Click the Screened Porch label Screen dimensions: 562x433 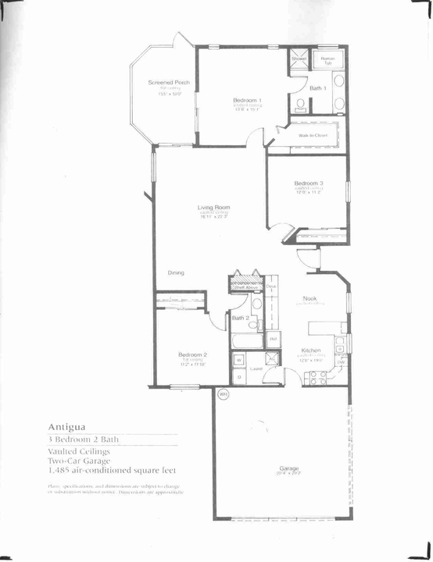(169, 82)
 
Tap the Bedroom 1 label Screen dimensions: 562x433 (247, 100)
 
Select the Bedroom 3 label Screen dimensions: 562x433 (310, 183)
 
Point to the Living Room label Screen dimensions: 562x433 (213, 207)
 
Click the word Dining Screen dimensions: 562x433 (176, 272)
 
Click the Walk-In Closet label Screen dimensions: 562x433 (313, 134)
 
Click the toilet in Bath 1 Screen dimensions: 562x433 (301, 104)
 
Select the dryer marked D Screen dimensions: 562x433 (239, 376)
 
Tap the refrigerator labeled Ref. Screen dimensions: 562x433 (274, 339)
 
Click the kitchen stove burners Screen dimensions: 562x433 (317, 378)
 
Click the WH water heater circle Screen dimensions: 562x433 (222, 393)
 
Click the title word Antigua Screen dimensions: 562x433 (66, 427)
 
